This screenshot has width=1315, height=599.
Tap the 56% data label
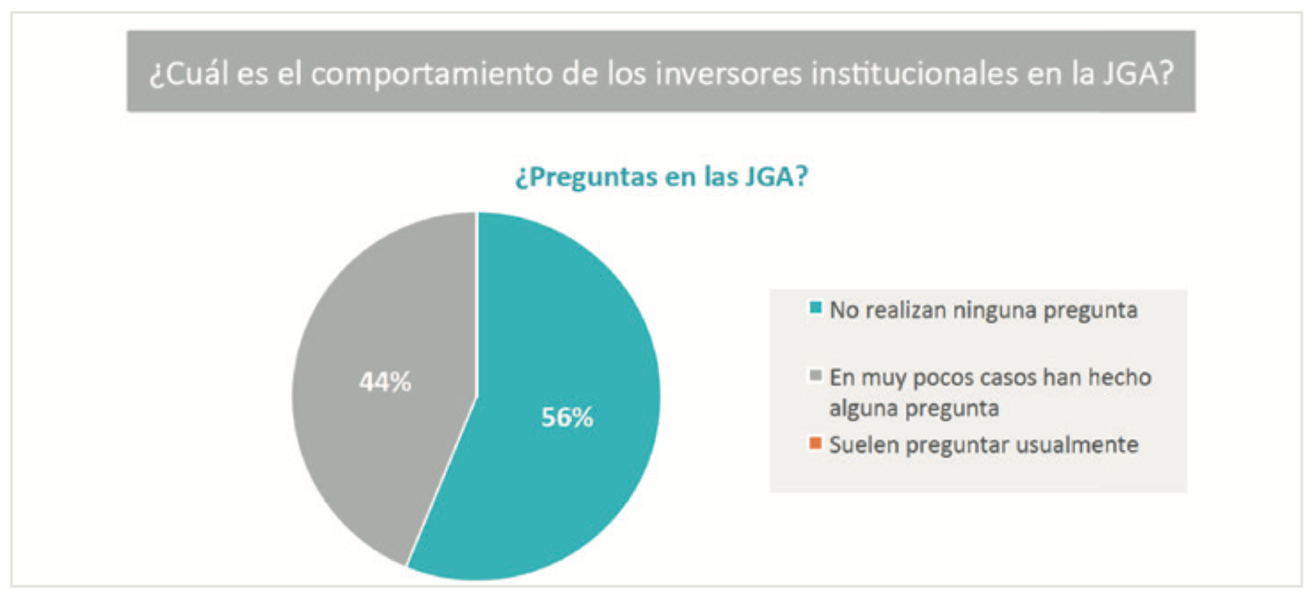[567, 417]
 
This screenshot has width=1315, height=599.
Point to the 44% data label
[386, 381]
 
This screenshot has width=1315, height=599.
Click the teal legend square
[816, 308]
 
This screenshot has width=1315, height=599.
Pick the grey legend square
[816, 375]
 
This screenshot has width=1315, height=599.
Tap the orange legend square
[816, 442]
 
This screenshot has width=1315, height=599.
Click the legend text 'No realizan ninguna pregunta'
[984, 310]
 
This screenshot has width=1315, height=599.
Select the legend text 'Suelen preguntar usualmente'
[984, 445]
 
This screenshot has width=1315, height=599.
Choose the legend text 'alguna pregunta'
[914, 409]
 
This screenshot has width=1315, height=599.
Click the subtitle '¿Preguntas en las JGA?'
[661, 176]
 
